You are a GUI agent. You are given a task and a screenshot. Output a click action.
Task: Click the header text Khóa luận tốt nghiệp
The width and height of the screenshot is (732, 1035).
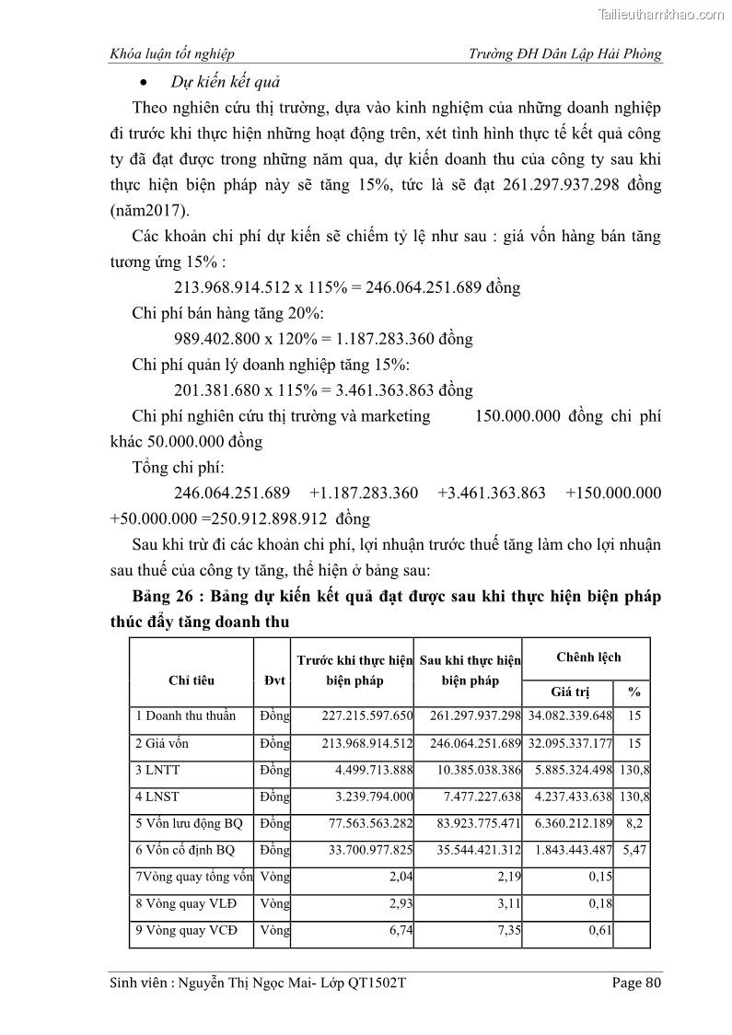171,54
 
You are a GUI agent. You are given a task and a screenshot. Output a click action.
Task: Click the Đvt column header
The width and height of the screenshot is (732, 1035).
272,680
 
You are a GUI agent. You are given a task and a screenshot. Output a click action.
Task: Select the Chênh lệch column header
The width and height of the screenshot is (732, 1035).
588,657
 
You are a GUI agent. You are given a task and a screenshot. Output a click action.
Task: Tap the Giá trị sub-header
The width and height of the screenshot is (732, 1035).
569,692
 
